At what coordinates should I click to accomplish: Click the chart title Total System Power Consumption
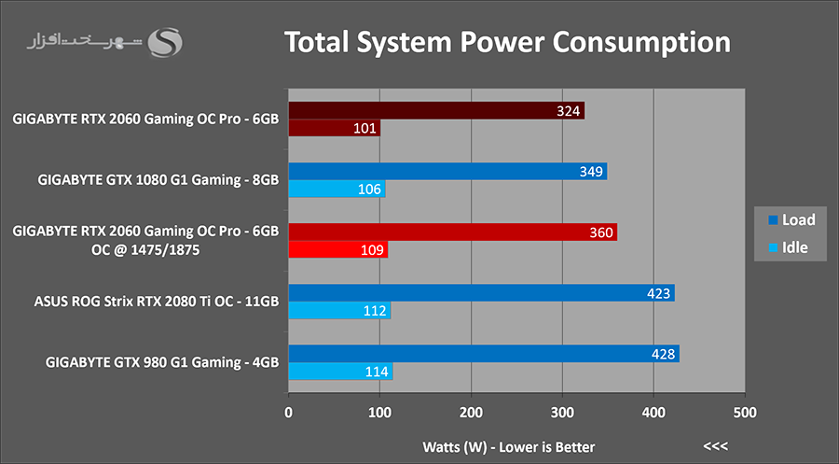[506, 43]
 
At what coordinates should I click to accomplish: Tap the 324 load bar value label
[570, 111]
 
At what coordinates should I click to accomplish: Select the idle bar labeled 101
[334, 128]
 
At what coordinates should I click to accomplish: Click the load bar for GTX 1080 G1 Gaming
[447, 172]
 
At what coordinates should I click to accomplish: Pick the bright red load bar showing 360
[452, 232]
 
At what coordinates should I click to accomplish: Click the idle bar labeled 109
[337, 250]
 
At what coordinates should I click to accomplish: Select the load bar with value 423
[481, 293]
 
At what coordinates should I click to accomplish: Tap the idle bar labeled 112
[339, 311]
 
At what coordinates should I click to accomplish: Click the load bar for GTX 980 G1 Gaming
[484, 354]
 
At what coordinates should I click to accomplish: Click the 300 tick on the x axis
[562, 412]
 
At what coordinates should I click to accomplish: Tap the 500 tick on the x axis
[744, 412]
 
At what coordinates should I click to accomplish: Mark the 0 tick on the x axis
[289, 412]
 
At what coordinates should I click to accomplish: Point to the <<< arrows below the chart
[716, 445]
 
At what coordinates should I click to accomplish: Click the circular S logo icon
[168, 42]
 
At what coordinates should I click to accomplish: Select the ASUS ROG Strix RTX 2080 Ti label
[157, 302]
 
